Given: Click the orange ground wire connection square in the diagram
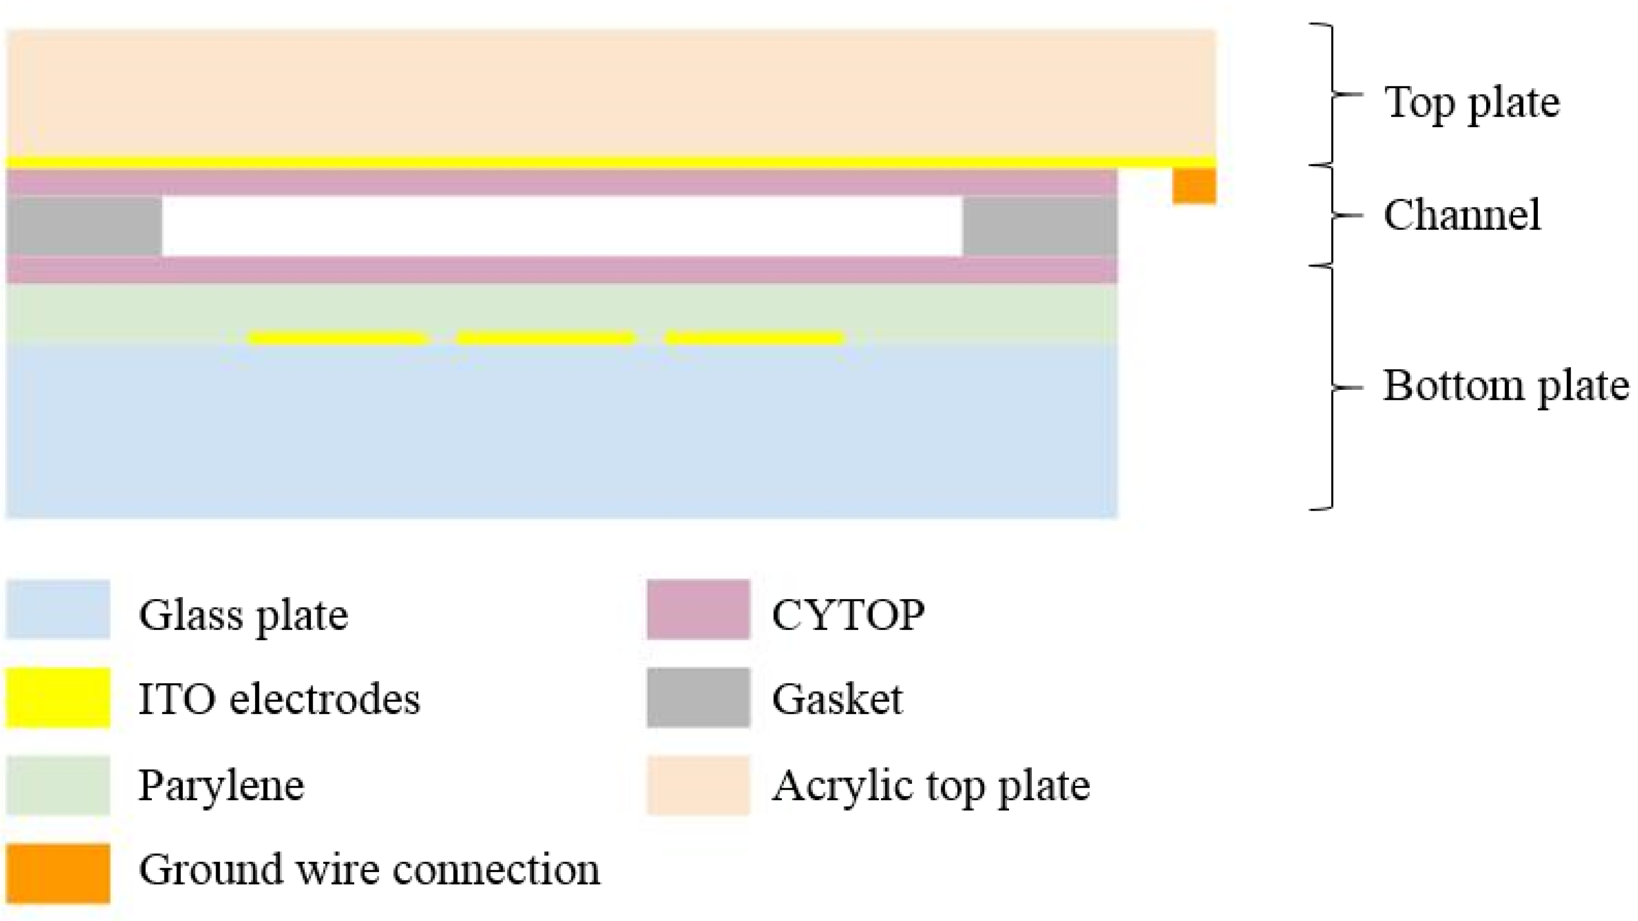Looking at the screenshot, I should coord(1194,186).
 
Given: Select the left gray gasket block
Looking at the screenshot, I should coord(84,226).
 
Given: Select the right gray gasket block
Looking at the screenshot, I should coord(1040,226).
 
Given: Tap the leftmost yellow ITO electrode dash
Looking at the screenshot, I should coord(336,338).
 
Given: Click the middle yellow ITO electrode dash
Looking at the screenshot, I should coord(546,338).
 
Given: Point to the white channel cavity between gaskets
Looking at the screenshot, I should coord(562,226).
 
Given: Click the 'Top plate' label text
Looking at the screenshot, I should coord(1472,103).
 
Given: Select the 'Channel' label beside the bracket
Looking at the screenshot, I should coord(1462,215).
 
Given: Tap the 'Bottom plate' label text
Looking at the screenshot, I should coord(1506,387).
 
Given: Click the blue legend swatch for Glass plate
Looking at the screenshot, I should coord(58,609).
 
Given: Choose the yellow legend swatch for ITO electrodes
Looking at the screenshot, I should coord(58,697).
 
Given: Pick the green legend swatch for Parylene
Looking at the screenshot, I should coord(58,785).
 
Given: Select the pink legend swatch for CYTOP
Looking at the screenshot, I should coord(698,609).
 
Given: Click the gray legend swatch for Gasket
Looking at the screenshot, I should coord(698,697).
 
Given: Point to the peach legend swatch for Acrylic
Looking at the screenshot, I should coord(698,785).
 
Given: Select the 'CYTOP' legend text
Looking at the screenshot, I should coord(848,615).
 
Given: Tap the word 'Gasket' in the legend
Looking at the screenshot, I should coord(837,699).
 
